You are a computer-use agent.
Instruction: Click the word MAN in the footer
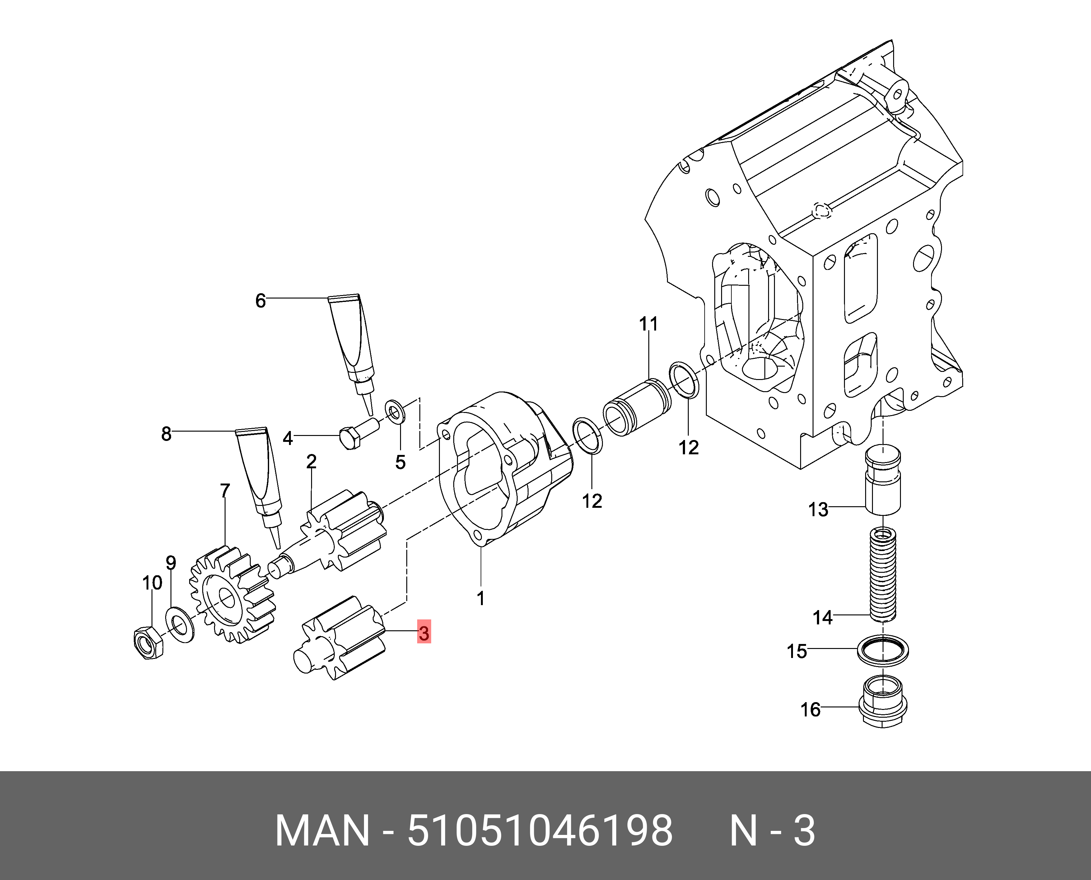[322, 831]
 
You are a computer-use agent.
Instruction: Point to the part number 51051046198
[540, 831]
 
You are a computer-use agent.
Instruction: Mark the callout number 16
[810, 710]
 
